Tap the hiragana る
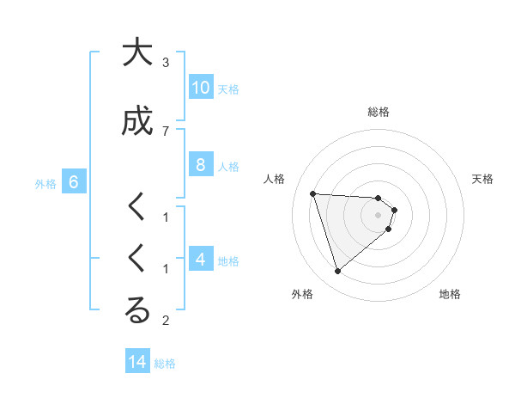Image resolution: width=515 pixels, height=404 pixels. [136, 311]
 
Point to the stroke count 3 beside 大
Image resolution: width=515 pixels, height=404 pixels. [166, 63]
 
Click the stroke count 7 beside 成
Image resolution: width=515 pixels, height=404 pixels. [166, 131]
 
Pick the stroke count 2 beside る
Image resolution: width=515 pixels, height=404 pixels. [166, 321]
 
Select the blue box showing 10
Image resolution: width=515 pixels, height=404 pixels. [200, 88]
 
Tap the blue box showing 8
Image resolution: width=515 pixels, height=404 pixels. [200, 166]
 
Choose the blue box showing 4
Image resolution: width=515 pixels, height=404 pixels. [200, 260]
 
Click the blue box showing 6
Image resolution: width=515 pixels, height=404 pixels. [74, 182]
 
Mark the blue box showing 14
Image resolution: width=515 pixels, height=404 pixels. [137, 362]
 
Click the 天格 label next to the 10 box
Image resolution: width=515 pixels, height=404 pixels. [228, 89]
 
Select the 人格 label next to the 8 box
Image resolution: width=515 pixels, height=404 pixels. [228, 167]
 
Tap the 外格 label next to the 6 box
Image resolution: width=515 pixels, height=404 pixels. [45, 183]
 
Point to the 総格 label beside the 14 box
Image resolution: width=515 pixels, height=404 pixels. [165, 364]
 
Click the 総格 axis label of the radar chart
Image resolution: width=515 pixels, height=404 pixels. [378, 112]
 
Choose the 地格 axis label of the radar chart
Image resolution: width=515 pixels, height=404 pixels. [450, 294]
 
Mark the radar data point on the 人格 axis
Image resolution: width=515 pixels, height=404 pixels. [312, 193]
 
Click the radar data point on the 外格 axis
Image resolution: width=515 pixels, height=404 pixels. [337, 272]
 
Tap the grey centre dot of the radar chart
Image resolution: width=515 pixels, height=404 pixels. [378, 215]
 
